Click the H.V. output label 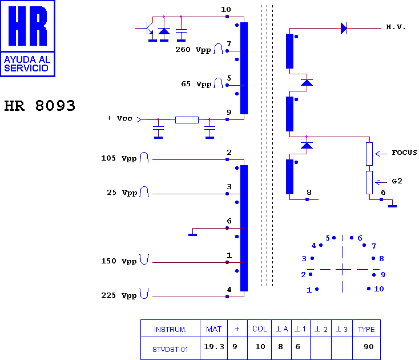click(396, 27)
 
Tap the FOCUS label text click(404, 153)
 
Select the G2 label click(397, 181)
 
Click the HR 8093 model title click(39, 106)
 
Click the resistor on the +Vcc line click(187, 120)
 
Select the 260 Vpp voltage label click(193, 50)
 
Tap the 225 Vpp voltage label click(119, 295)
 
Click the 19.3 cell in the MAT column click(213, 347)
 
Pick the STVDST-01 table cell click(170, 350)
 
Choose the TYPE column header click(366, 329)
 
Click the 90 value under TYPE click(369, 347)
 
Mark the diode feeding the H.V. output click(344, 28)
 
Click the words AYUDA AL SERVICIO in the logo click(27, 63)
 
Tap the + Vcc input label click(119, 118)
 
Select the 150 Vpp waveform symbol click(144, 259)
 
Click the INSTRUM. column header click(170, 329)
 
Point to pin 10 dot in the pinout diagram click(369, 289)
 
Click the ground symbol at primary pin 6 click(193, 234)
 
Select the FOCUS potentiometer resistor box click(369, 154)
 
